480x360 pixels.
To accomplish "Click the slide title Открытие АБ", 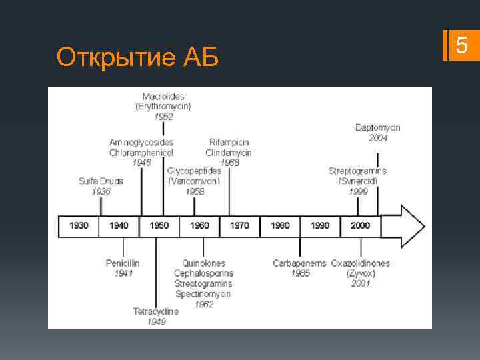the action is click(138, 58).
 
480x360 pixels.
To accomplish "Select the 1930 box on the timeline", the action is click(79, 225).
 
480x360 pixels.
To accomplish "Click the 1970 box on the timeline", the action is click(239, 225).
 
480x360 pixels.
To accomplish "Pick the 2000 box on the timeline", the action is click(359, 225).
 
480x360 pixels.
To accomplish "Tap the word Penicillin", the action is click(123, 263).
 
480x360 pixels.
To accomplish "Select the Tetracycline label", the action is click(156, 311).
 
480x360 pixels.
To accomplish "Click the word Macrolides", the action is click(163, 97).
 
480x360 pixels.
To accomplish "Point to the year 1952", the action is click(163, 116).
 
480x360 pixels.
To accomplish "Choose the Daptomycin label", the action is click(378, 128).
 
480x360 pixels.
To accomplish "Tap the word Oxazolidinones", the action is click(361, 263).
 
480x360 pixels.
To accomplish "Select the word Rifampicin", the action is click(229, 142).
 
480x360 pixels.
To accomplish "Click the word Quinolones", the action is click(204, 263).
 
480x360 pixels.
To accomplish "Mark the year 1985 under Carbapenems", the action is click(300, 273).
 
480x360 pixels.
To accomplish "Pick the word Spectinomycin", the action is click(204, 293).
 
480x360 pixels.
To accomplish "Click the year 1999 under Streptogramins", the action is click(358, 191).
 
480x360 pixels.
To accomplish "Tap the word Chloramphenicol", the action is click(142, 152).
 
